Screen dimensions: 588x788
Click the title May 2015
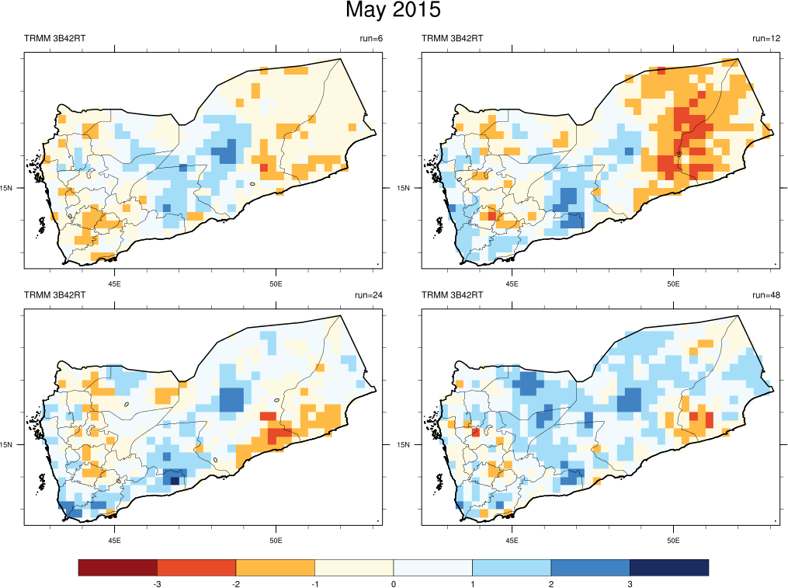tap(393, 11)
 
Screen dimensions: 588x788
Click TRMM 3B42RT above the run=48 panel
tap(452, 296)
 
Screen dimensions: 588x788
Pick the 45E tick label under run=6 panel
tap(115, 283)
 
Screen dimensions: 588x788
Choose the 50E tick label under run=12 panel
tap(673, 283)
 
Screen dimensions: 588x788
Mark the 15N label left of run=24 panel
tap(7, 445)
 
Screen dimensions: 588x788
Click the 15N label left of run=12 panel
tap(404, 188)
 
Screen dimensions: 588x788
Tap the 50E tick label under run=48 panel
tap(673, 540)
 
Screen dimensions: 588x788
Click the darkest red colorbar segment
tap(118, 568)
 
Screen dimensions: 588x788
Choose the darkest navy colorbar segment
tap(669, 568)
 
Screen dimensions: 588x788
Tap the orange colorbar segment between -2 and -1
tap(276, 568)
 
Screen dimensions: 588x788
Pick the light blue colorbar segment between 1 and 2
tap(512, 568)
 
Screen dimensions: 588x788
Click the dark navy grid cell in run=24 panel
tap(175, 481)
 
